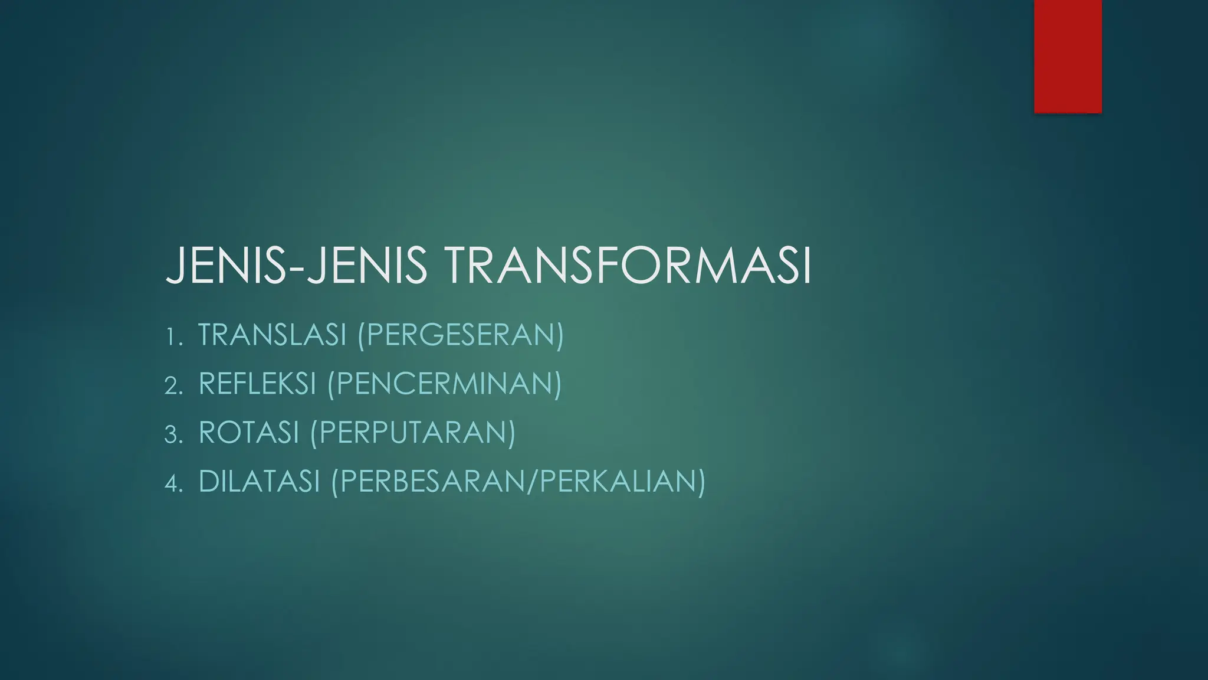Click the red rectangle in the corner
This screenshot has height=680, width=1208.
click(x=1068, y=56)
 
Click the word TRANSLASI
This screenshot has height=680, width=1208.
click(x=272, y=335)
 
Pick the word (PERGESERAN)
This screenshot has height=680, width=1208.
click(x=461, y=335)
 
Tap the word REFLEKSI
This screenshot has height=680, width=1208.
click(x=258, y=384)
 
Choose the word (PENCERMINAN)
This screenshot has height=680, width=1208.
click(x=444, y=384)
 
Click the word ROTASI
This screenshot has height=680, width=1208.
click(x=249, y=433)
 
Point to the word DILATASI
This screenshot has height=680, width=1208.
click(x=259, y=481)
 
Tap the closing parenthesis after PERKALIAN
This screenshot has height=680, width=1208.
click(x=701, y=482)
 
